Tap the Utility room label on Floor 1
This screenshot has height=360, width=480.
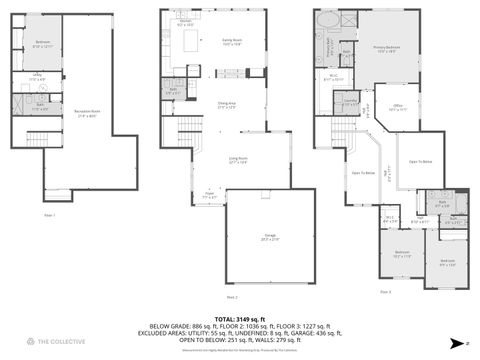[x=36, y=77]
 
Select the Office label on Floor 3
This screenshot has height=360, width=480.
[x=397, y=108]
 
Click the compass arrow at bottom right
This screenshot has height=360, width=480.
[x=455, y=342]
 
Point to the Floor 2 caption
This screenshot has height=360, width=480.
[x=232, y=296]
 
